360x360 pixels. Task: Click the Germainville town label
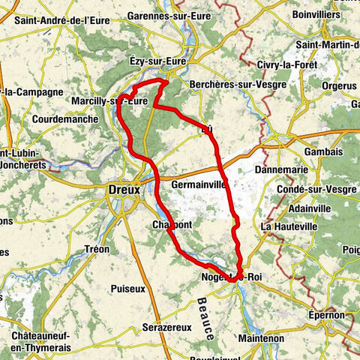click(x=199, y=184)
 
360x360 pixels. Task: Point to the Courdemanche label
click(x=65, y=119)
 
